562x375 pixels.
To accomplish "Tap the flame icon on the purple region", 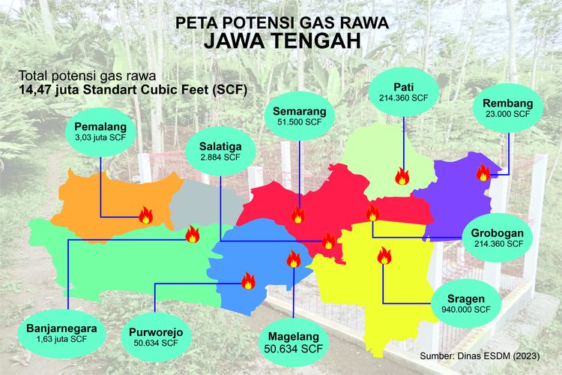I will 483,173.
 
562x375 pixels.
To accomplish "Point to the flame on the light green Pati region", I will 402,177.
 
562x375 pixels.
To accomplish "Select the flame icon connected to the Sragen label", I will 384,257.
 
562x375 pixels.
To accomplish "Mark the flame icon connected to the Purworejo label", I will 247,280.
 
